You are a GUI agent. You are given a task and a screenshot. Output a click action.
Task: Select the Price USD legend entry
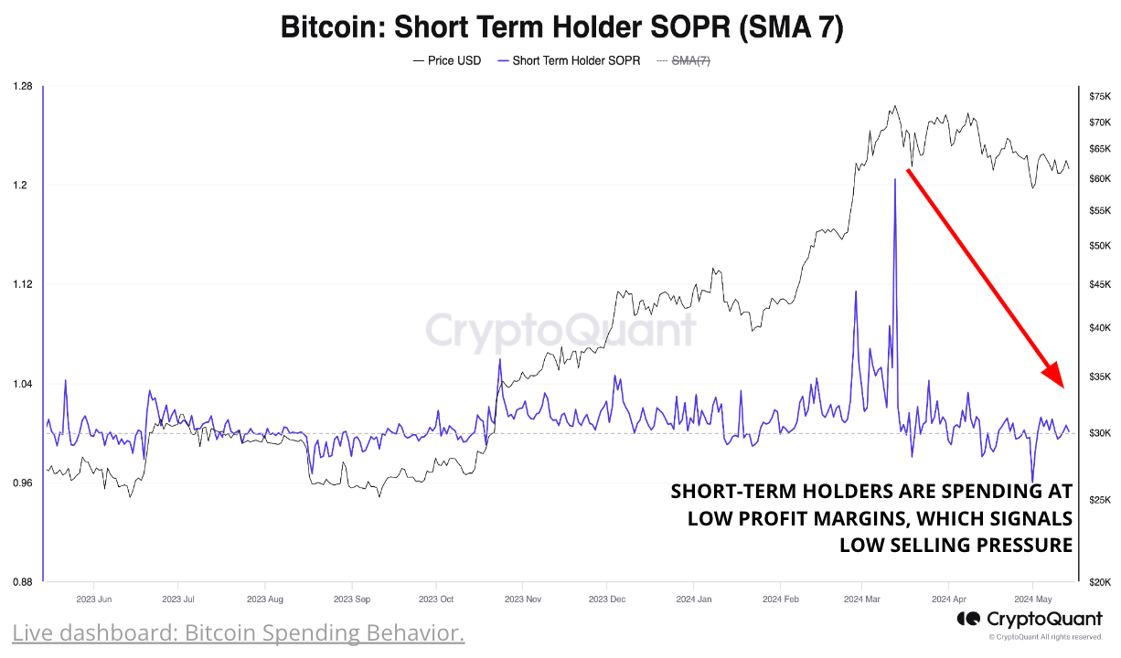447,61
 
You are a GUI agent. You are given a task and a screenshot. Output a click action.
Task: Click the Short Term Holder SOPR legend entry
568,61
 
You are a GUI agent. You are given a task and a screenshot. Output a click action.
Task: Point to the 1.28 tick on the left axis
23,87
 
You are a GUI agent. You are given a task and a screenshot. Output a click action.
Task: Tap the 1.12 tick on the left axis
23,284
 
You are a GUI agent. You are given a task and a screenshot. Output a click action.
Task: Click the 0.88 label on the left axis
23,582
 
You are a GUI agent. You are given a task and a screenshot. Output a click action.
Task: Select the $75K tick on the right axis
1099,96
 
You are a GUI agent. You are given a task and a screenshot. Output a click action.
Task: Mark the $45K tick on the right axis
1099,284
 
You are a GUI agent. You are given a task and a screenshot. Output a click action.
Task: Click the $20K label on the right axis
1099,582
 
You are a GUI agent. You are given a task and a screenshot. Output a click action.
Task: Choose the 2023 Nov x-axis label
522,600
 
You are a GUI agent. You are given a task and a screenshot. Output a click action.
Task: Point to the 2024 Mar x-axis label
860,600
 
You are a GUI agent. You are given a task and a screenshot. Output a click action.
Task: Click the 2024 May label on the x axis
1032,600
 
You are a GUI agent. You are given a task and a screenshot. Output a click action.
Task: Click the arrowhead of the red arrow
1055,375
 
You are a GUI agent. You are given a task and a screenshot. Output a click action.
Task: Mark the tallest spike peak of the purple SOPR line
894,180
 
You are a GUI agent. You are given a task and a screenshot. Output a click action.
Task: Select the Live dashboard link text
239,632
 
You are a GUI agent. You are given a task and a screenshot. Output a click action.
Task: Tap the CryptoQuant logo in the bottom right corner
1030,620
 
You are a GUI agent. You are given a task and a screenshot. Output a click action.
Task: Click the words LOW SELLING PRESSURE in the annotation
956,546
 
